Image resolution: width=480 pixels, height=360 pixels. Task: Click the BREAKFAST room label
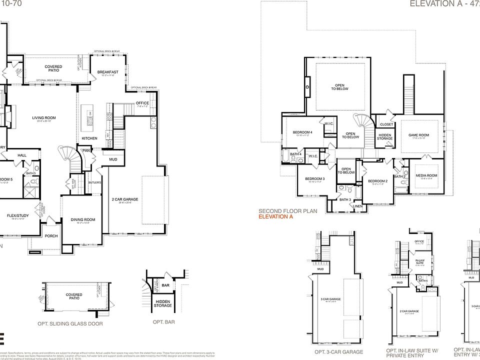(x=107, y=72)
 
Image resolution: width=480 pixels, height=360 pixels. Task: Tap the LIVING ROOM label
(x=44, y=118)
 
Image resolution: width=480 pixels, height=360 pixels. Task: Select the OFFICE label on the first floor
(x=142, y=103)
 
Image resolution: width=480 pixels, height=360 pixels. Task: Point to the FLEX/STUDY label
(x=18, y=216)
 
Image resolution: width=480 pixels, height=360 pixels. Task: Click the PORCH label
(x=51, y=235)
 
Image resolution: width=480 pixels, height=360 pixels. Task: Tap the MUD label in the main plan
(x=113, y=159)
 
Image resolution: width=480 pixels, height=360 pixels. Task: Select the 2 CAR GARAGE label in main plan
(x=125, y=199)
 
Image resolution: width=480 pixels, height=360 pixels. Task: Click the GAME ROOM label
(x=418, y=135)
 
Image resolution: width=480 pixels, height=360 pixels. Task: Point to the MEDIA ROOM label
(x=426, y=175)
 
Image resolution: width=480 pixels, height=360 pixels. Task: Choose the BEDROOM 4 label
(x=302, y=132)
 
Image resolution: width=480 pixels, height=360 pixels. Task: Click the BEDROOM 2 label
(x=377, y=181)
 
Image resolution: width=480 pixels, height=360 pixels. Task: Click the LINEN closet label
(x=357, y=206)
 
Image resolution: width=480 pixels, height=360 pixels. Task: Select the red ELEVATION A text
(x=275, y=217)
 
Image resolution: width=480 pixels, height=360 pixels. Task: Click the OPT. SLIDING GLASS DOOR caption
(x=70, y=323)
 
